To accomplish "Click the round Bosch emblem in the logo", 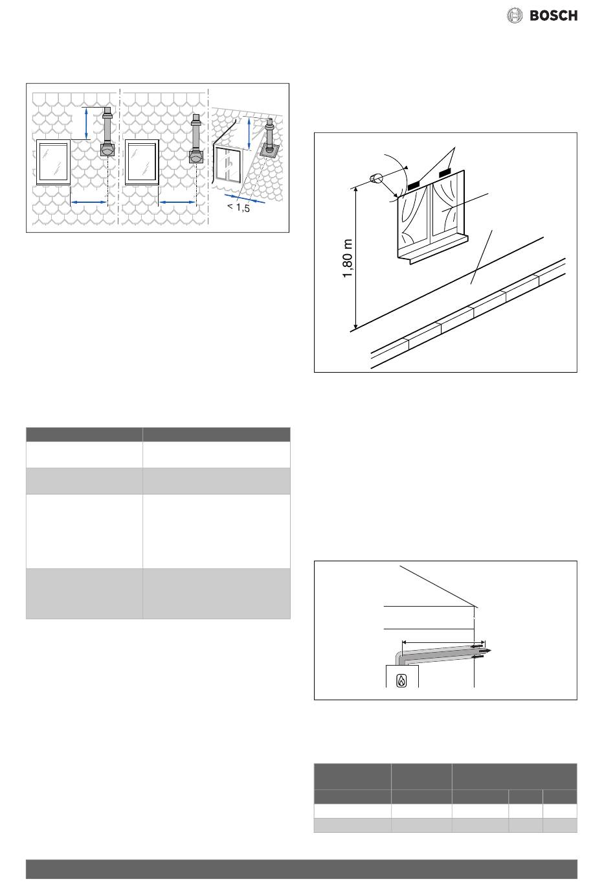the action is click(x=514, y=16).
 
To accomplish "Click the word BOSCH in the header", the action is click(x=553, y=16).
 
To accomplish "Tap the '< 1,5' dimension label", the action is click(x=239, y=207).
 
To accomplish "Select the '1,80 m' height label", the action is click(x=347, y=259).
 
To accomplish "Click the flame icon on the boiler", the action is click(x=401, y=681).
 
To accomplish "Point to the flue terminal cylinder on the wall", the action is click(x=375, y=179).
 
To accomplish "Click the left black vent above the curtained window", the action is click(x=414, y=185).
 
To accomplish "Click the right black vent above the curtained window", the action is click(x=445, y=172).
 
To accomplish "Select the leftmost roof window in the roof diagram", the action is click(x=53, y=162).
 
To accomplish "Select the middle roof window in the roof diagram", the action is click(x=142, y=162).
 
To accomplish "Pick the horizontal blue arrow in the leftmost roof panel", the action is click(x=89, y=202).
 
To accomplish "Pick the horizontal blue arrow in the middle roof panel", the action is click(x=177, y=202).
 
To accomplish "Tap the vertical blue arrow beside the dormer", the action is click(x=249, y=134).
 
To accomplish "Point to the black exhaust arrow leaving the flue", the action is click(x=483, y=650).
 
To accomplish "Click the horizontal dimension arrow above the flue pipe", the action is click(x=443, y=643).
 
